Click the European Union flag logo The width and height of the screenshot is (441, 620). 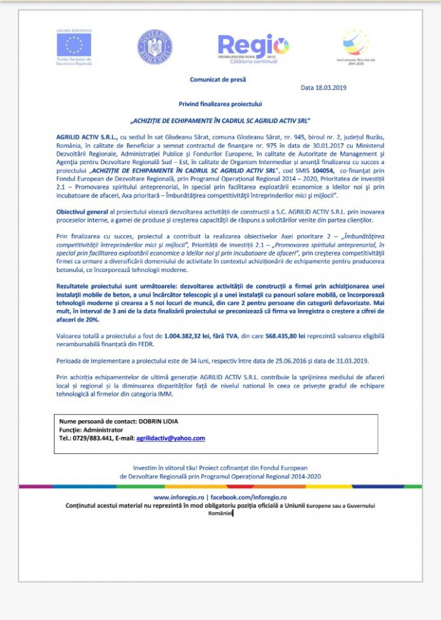pos(73,44)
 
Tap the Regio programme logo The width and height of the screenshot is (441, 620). pos(253,45)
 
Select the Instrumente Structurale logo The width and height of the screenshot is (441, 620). pos(355,44)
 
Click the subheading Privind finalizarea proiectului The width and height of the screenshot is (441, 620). pos(219,103)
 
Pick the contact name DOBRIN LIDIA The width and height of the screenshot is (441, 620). pos(156,421)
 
